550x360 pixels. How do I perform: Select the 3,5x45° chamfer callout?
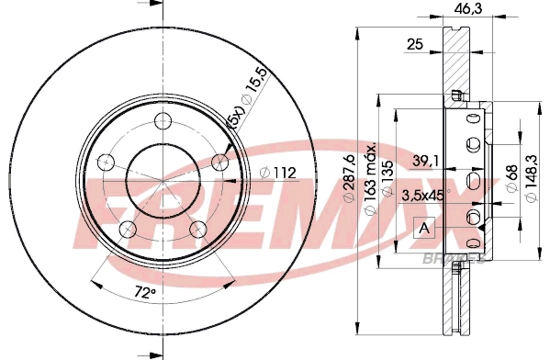coord(424,194)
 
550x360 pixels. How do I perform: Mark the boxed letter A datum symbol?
coord(423,227)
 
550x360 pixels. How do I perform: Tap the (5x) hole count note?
coord(236,118)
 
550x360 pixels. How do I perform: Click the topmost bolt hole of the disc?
coord(163,120)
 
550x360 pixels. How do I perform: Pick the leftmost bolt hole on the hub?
coord(106,163)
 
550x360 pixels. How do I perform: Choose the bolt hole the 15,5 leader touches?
coord(219,162)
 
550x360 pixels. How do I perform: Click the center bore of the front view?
coord(163,181)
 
